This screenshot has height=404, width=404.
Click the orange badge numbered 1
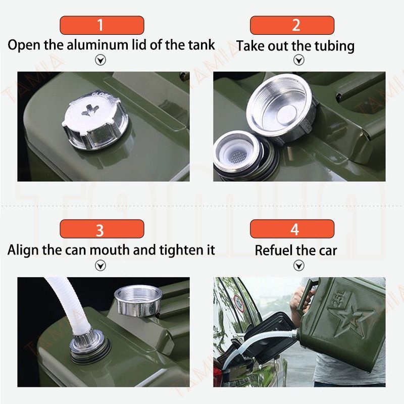click(x=102, y=25)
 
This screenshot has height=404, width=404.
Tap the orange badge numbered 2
click(x=292, y=25)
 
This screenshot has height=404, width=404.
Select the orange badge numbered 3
click(x=102, y=229)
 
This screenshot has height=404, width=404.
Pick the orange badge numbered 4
click(x=292, y=229)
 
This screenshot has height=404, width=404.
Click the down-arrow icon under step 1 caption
click(x=100, y=60)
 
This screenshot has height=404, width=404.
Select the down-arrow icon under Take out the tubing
click(x=298, y=60)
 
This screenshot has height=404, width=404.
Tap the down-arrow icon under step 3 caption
click(x=100, y=266)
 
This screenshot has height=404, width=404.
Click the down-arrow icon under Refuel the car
click(x=298, y=266)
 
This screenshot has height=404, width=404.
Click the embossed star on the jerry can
click(x=350, y=319)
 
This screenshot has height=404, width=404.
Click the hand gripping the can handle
click(x=300, y=299)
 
